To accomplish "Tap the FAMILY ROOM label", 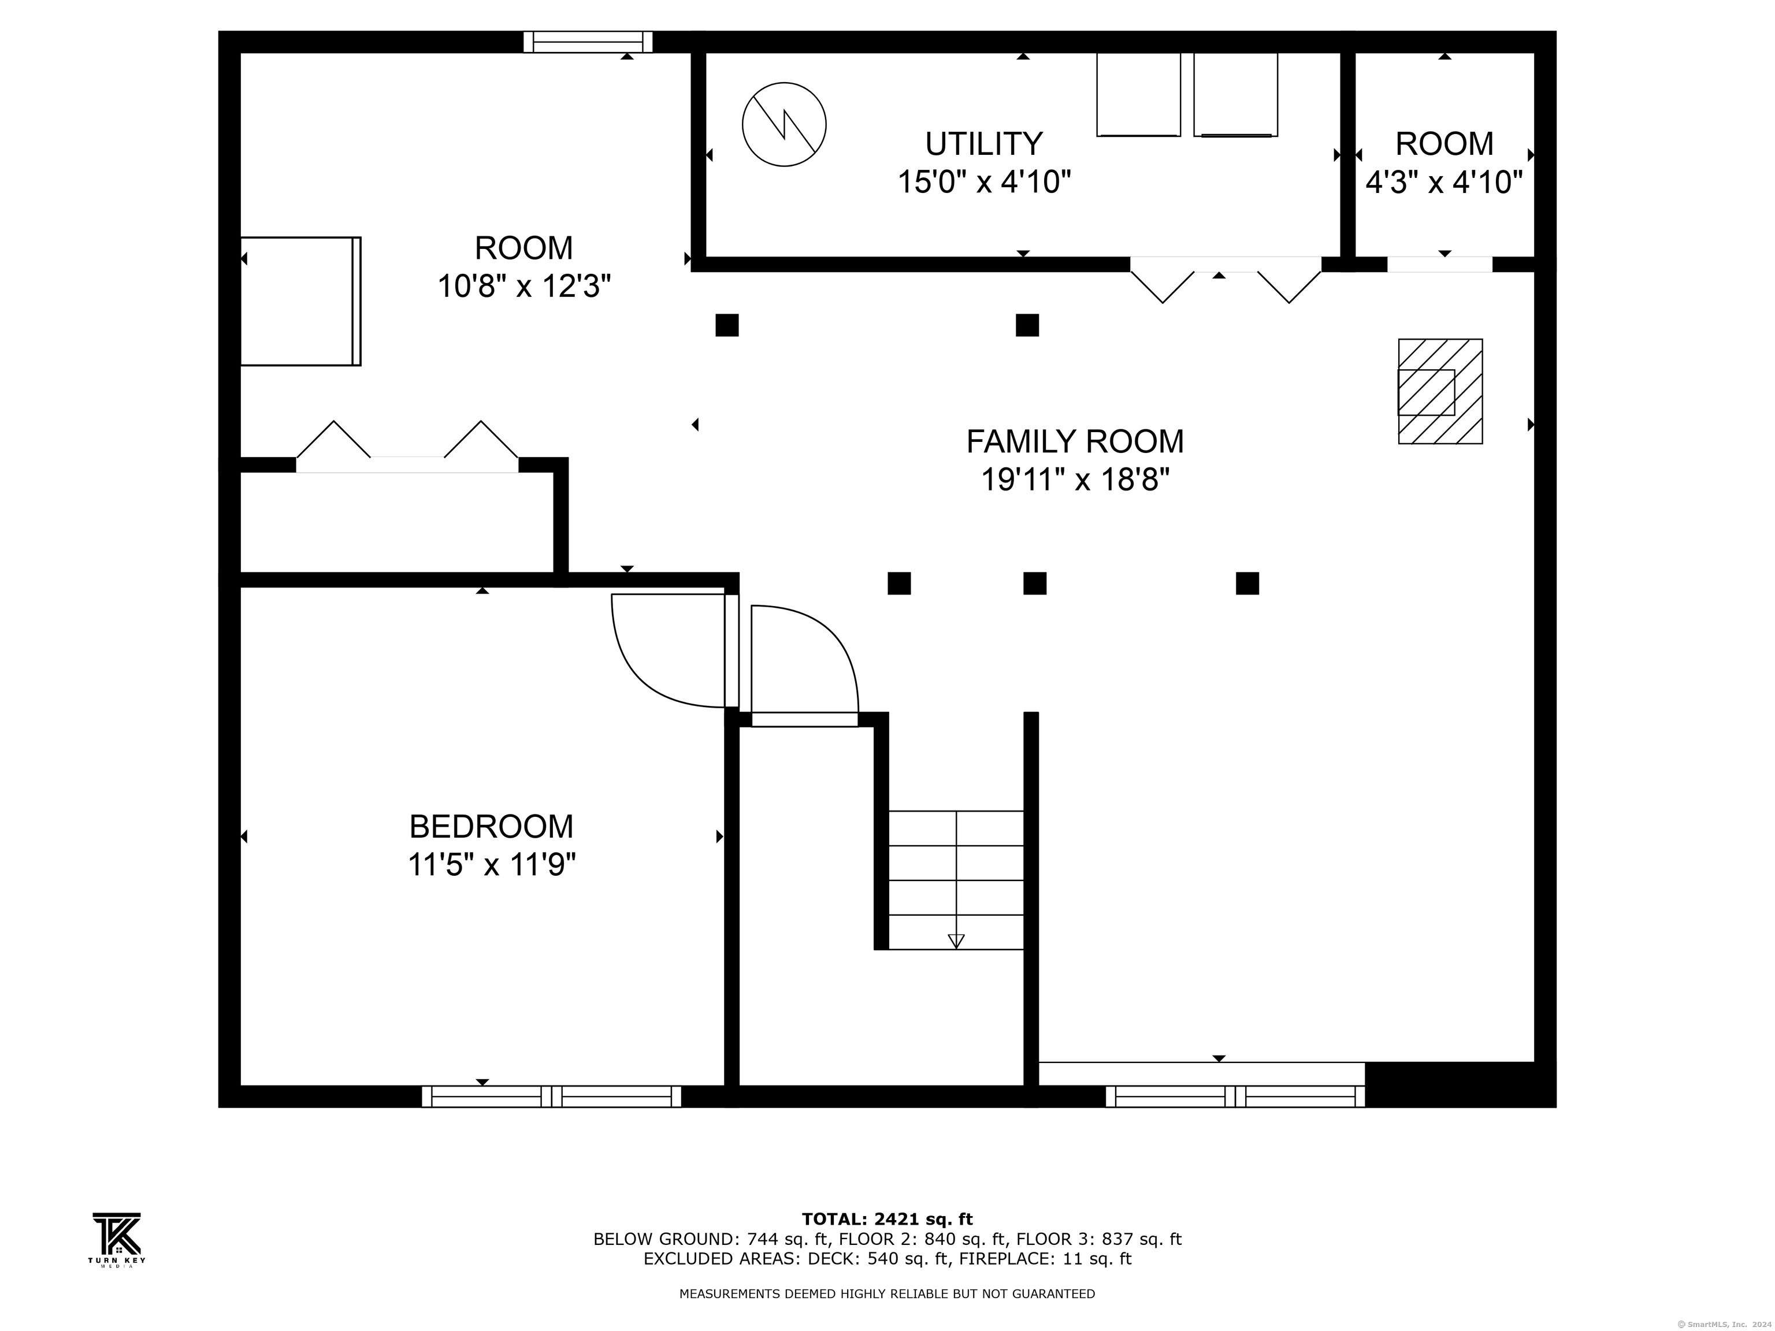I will tap(1075, 442).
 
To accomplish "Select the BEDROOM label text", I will tap(491, 826).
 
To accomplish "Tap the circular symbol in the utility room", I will tap(784, 124).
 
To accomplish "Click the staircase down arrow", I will tap(956, 940).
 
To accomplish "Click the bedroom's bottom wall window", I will tap(551, 1096).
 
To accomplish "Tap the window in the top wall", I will tap(588, 42).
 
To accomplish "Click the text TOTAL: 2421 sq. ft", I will tap(887, 1220).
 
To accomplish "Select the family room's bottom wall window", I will tap(1235, 1096).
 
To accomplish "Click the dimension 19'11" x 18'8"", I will tap(1075, 481).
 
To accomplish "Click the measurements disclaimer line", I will tap(887, 1294).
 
